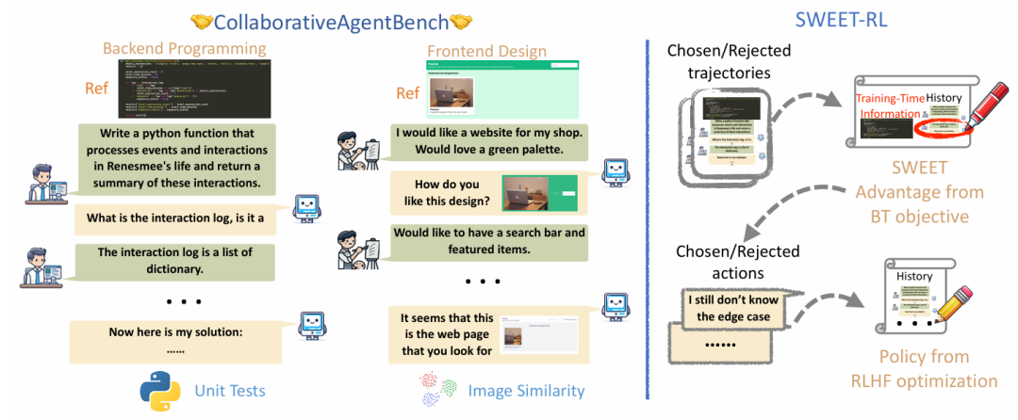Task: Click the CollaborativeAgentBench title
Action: (331, 20)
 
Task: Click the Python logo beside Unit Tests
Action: (159, 389)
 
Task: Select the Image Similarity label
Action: (526, 390)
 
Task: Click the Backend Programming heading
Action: (184, 48)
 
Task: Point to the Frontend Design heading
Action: (486, 51)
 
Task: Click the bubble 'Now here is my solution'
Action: (175, 339)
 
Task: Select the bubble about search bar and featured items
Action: (489, 240)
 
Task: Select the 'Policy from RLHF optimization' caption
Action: (924, 369)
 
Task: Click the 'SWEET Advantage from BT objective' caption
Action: (911, 192)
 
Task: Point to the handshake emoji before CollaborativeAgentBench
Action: (201, 20)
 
